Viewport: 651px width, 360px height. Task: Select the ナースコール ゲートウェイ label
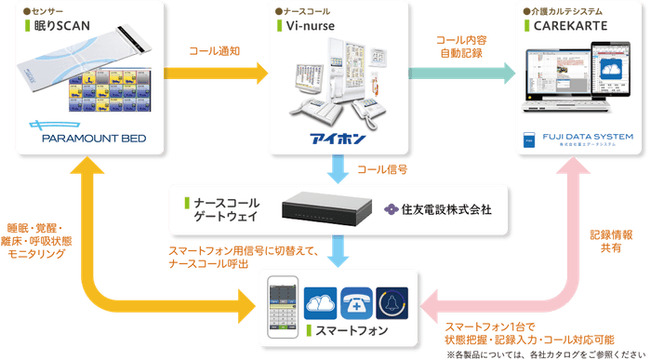(x=227, y=208)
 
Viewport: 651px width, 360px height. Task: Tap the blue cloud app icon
(x=321, y=302)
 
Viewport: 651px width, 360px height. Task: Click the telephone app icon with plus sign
(x=356, y=302)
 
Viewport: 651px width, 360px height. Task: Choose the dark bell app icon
(x=392, y=302)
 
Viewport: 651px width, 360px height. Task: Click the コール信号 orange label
(x=382, y=170)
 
